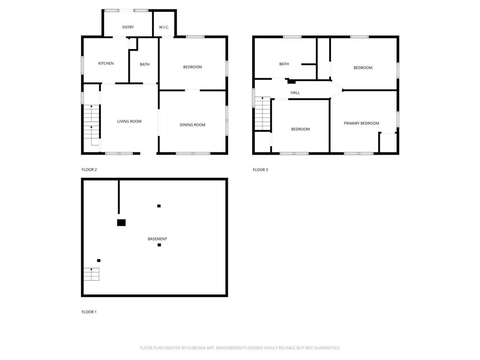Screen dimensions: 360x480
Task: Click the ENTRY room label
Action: (x=128, y=27)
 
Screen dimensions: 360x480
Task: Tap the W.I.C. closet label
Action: (x=164, y=27)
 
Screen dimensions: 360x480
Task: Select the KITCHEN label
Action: (x=105, y=64)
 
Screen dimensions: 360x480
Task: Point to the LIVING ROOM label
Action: (x=129, y=121)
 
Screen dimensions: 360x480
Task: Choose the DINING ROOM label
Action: (x=192, y=125)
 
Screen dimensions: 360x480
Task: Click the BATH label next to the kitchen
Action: (x=144, y=64)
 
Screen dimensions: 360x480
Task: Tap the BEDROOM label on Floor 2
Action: (x=192, y=67)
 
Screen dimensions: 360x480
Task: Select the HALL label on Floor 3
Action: (x=295, y=93)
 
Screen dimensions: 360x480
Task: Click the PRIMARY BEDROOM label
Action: (x=361, y=123)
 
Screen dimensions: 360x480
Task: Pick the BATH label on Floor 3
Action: (x=284, y=64)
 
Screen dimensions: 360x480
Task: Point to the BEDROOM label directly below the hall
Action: (x=300, y=129)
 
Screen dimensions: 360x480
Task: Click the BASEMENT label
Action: (x=157, y=239)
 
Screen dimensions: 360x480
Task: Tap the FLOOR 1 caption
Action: (x=89, y=312)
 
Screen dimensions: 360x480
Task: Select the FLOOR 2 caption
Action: (x=89, y=170)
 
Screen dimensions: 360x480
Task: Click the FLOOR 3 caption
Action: (x=260, y=170)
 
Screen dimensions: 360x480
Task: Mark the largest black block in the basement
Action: (x=121, y=223)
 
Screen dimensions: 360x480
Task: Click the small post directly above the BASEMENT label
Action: (x=159, y=206)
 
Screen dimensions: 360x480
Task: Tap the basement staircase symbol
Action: (x=91, y=274)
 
